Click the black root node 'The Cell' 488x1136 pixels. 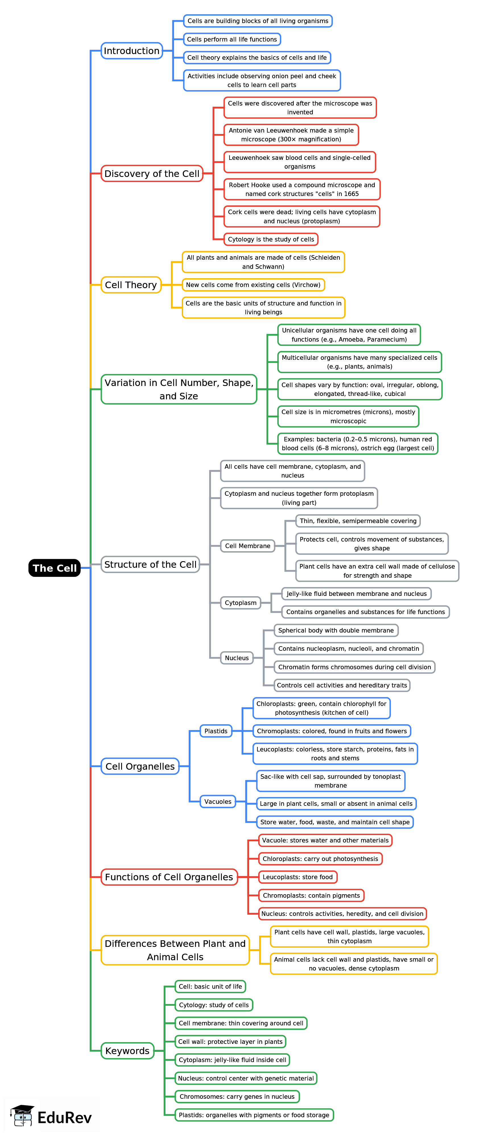pos(55,568)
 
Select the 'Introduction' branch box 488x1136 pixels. pos(131,51)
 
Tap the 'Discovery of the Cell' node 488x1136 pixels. pos(152,173)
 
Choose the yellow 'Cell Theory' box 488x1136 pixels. pos(131,285)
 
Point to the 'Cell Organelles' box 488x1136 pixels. pos(140,767)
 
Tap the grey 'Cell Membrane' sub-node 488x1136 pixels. pos(247,546)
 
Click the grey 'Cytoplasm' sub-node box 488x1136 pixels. pos(240,603)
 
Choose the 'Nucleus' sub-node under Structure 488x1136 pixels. pos(237,658)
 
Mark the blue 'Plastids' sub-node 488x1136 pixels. pos(216,731)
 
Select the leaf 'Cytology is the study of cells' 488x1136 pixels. pos(271,239)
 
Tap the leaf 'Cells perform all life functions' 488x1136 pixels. pos(232,39)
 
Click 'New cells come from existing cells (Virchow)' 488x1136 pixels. pos(253,285)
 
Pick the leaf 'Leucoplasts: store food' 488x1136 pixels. pos(297,877)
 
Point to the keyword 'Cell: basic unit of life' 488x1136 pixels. pos(210,986)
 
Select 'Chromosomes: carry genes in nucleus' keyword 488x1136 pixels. pos(237,1097)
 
